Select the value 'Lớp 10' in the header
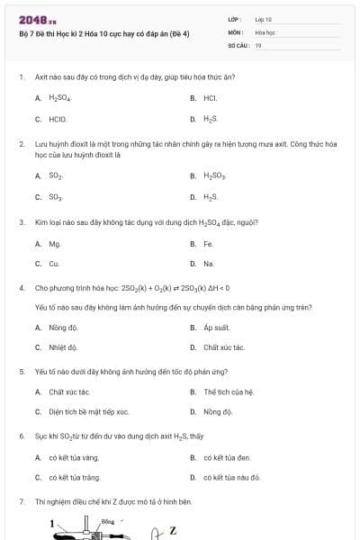[264, 18]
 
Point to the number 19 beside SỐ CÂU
[258, 44]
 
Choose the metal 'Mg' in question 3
[54, 243]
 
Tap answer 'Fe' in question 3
[208, 243]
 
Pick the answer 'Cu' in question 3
[54, 264]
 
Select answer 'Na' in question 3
[209, 264]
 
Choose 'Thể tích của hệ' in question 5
[229, 391]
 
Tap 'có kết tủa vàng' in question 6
[74, 457]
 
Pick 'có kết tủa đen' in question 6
[227, 457]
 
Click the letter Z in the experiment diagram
[173, 530]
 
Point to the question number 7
[21, 500]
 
